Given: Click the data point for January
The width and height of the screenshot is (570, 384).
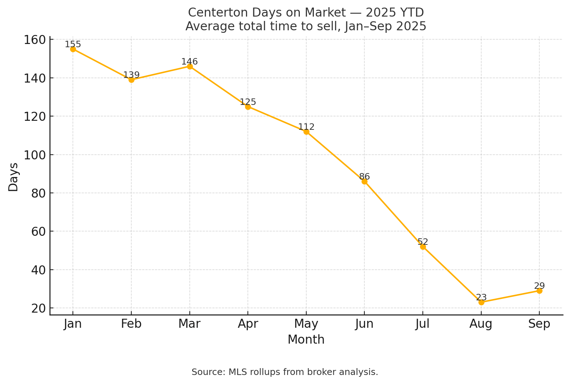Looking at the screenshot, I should click(x=73, y=49).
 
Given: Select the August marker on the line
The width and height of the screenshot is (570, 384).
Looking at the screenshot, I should click(x=481, y=302).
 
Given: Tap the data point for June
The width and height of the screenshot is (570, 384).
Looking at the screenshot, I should click(x=364, y=181).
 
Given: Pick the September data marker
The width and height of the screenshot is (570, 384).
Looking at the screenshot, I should click(x=539, y=291).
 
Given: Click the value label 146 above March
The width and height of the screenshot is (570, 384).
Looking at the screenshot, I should click(x=189, y=62).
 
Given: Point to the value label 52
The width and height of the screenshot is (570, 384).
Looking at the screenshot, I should click(x=423, y=242).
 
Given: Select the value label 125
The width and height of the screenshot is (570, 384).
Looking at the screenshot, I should click(x=248, y=102).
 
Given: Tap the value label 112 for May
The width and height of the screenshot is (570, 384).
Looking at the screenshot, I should click(x=306, y=127).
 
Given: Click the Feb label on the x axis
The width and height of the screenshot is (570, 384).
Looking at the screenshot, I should click(x=131, y=324).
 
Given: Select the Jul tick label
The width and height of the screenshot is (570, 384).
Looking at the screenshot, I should click(x=423, y=324).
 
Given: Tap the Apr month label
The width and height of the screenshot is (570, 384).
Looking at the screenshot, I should click(x=248, y=324).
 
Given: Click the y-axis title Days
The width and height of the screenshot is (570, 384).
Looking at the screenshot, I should click(x=13, y=177).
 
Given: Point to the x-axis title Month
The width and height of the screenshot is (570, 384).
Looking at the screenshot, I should click(x=306, y=340).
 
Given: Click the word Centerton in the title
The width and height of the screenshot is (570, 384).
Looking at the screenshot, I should click(x=213, y=13).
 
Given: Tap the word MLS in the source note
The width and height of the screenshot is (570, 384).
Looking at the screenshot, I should click(x=236, y=372).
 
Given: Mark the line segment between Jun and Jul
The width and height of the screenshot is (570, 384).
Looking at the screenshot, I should click(x=394, y=214).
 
